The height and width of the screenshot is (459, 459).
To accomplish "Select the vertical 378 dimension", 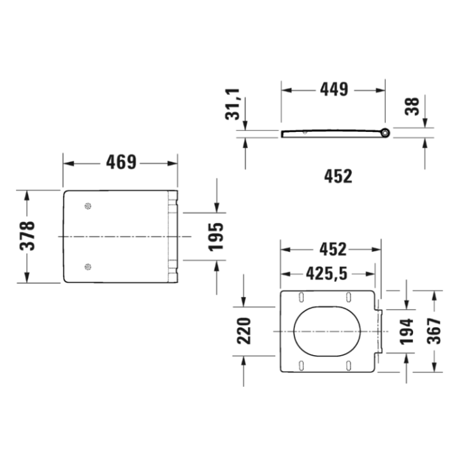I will click(27, 237).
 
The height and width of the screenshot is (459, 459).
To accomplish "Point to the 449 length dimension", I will click(333, 90).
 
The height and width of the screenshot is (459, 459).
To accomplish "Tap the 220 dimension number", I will click(244, 331).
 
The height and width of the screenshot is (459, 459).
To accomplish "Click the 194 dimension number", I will click(406, 331).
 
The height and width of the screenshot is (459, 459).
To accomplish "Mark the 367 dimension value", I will click(434, 331).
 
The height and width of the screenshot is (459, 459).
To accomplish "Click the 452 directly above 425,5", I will click(331, 249).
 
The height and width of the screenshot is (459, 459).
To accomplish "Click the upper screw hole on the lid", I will click(87, 207).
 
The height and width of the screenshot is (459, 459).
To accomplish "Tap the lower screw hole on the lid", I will click(87, 266).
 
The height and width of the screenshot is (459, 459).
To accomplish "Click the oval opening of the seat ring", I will click(326, 331).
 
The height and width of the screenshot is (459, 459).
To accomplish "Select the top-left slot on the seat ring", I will click(300, 297).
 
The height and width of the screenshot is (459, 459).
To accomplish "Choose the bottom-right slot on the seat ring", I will click(349, 365).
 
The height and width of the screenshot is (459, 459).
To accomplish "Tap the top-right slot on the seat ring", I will click(349, 297).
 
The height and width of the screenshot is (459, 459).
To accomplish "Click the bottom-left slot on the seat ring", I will click(300, 365).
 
